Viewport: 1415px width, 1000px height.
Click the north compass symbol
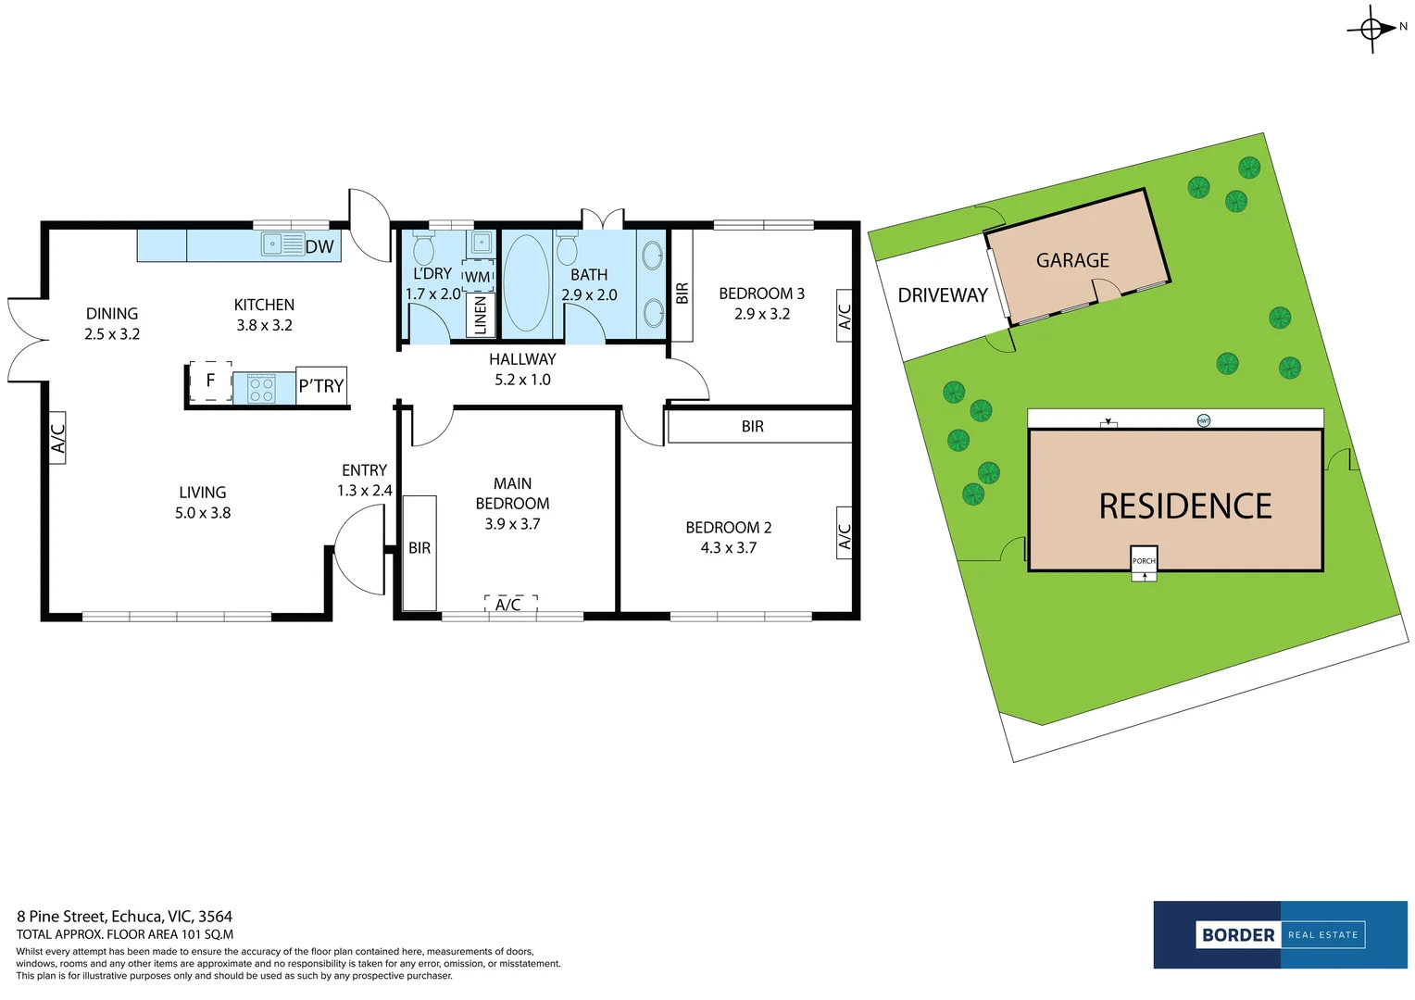point(1371,29)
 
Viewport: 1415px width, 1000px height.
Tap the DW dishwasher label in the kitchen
point(319,246)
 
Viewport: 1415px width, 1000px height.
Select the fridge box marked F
point(210,381)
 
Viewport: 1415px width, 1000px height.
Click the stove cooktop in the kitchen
point(261,388)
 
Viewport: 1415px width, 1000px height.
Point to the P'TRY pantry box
point(321,385)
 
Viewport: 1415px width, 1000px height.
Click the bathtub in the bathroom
point(527,283)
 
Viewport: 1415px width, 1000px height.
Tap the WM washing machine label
point(477,277)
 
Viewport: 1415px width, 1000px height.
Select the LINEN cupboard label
point(480,315)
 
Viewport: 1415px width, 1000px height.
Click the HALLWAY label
point(522,359)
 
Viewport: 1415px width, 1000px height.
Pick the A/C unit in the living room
point(57,438)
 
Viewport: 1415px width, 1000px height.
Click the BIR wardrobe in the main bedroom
point(419,553)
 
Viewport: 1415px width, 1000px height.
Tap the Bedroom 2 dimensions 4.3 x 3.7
point(729,548)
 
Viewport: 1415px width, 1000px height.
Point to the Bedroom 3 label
point(762,294)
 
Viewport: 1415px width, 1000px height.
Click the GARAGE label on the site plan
point(1072,260)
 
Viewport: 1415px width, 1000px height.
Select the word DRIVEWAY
point(943,295)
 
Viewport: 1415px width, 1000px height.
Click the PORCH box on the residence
point(1144,560)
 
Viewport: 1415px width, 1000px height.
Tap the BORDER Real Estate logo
point(1281,935)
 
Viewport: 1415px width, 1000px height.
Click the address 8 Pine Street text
point(62,916)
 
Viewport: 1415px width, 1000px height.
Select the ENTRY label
point(364,470)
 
